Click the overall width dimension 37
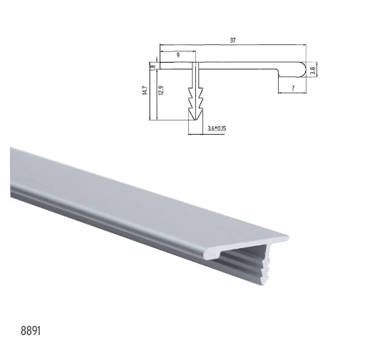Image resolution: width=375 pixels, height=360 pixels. point(232,41)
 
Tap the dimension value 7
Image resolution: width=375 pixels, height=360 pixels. point(292,86)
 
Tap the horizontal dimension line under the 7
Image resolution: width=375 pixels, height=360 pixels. point(292,92)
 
